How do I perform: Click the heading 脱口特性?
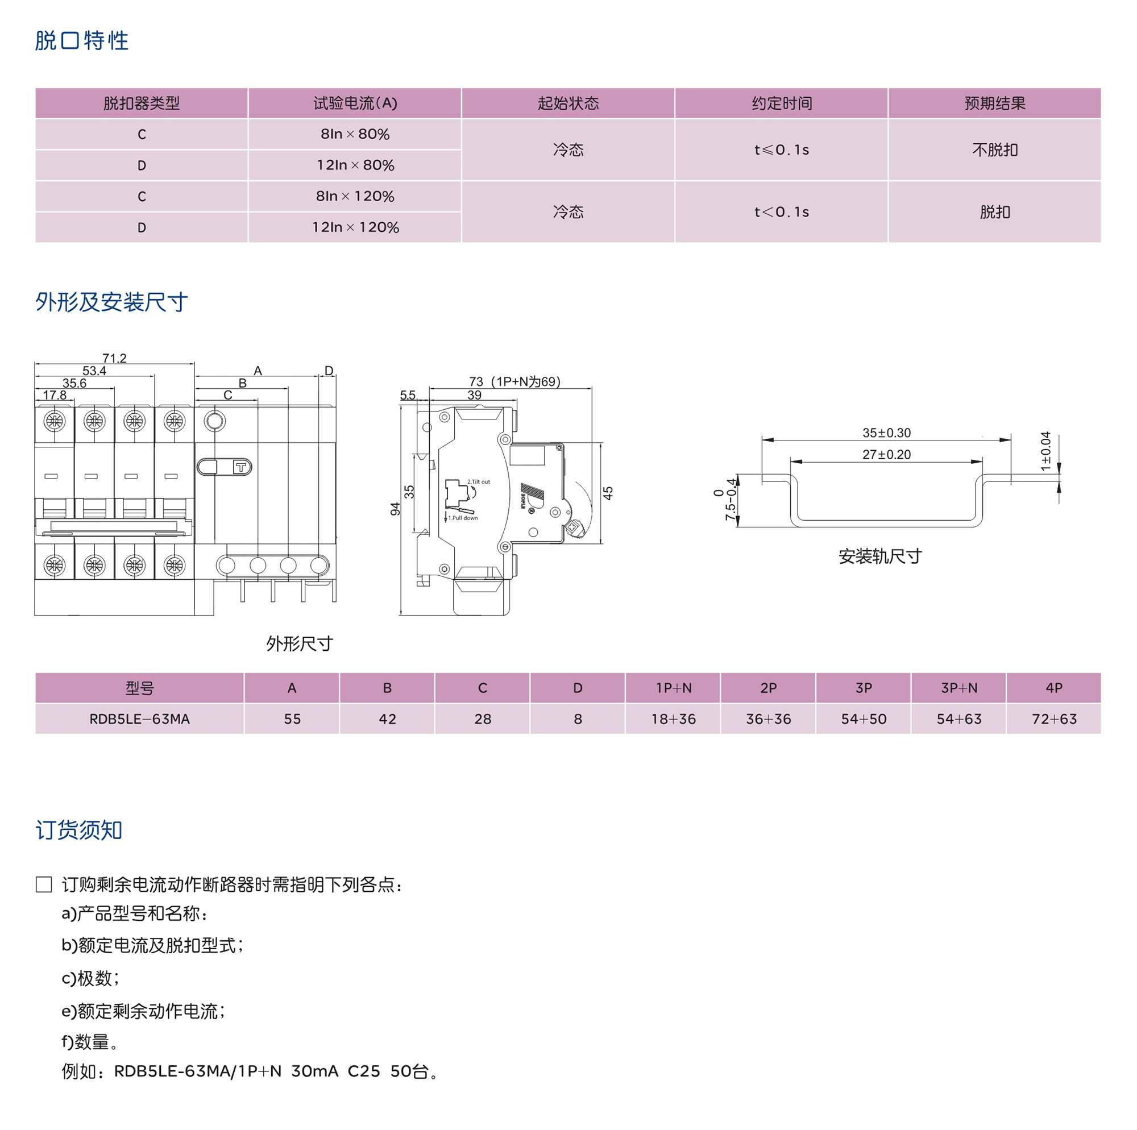tap(81, 40)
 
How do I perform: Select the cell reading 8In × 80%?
tap(355, 134)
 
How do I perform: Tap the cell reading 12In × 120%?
tap(355, 227)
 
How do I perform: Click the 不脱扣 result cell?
tap(994, 150)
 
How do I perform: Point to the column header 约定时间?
tap(782, 103)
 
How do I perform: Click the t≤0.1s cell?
tap(782, 150)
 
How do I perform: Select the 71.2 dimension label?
tap(114, 358)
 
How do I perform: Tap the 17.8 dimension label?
tap(55, 395)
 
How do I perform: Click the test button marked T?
tap(240, 467)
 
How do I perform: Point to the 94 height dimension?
tap(396, 509)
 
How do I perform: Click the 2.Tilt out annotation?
tap(479, 481)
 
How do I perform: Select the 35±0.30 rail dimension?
tap(886, 433)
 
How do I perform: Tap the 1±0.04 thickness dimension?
tap(1045, 451)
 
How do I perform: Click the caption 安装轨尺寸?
tap(880, 556)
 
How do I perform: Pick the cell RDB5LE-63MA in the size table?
tap(139, 718)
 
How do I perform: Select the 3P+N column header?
tap(958, 688)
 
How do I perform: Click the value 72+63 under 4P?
tap(1053, 718)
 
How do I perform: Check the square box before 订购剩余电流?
tap(44, 884)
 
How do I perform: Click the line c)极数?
tap(90, 978)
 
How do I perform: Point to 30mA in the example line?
tap(314, 1071)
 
